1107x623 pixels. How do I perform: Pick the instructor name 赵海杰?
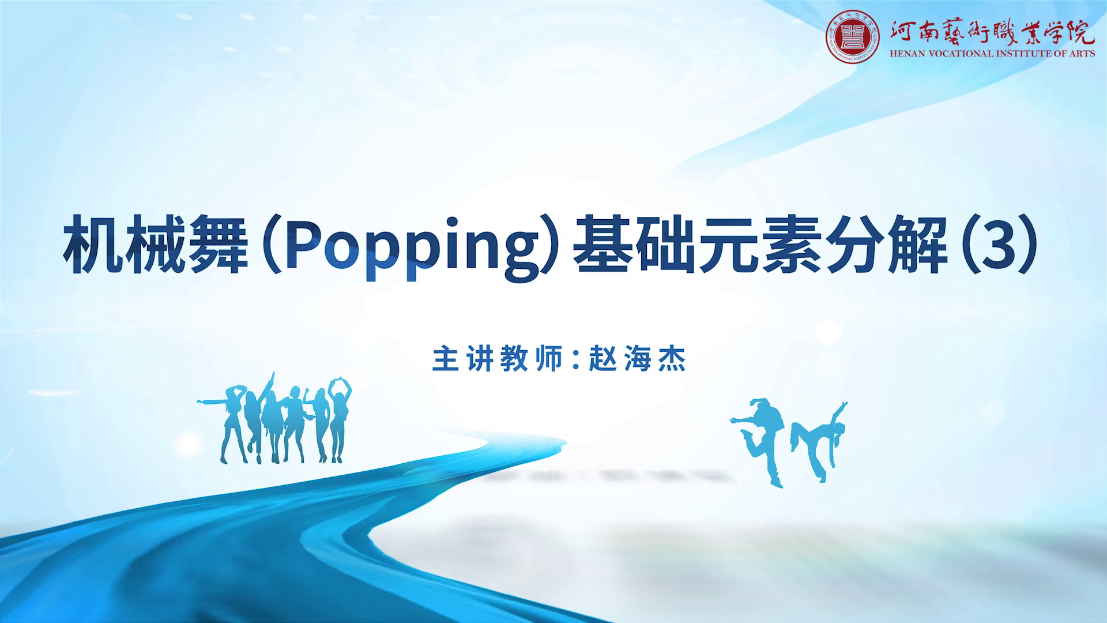coord(638,359)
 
